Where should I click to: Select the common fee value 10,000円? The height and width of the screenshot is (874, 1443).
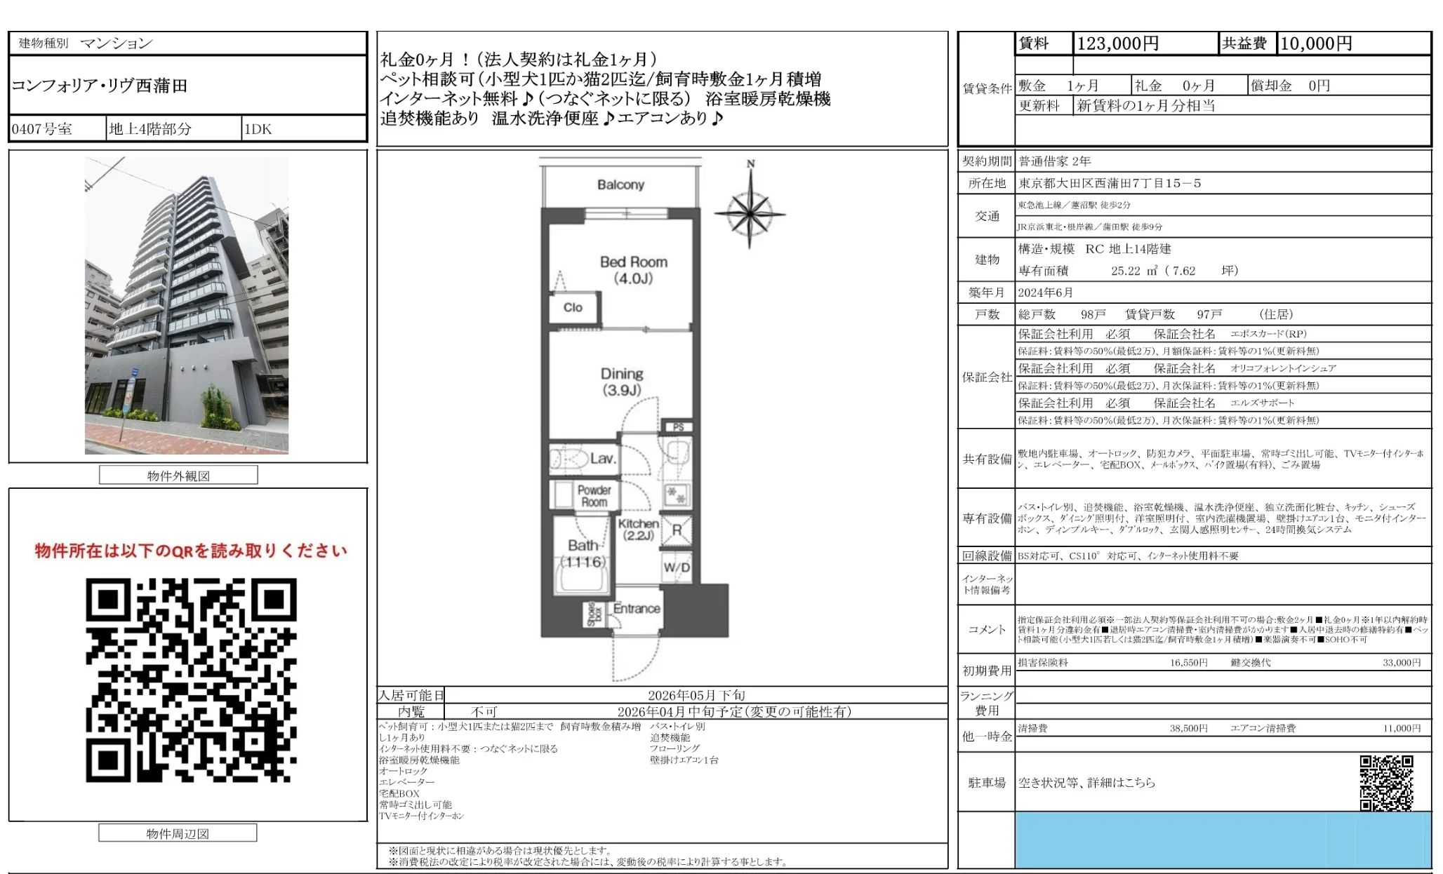point(1316,44)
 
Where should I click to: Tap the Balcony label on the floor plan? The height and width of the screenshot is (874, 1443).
point(620,184)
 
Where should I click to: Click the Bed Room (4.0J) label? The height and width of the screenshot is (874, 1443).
point(633,270)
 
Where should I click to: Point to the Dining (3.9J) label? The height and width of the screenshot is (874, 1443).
point(622,382)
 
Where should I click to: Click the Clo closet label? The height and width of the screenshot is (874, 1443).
point(573,307)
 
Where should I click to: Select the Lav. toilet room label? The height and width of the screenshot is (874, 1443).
point(602,459)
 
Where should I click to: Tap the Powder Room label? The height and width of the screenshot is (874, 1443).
point(594,496)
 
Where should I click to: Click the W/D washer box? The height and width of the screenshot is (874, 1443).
point(677,567)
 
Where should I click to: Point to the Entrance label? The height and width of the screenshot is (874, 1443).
point(637,609)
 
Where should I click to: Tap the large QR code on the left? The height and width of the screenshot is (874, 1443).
point(191,680)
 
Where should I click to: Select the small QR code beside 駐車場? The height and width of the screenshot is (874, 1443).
point(1386,782)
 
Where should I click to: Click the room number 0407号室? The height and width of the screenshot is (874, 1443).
point(42,129)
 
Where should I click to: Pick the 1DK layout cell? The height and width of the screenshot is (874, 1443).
point(258,129)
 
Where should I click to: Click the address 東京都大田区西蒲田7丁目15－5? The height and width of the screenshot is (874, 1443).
point(1110,183)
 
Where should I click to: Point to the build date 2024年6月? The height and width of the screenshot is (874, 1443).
point(1046,293)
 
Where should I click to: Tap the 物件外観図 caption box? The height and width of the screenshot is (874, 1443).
point(178,476)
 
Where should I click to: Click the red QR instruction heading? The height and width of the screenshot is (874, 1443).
point(191,551)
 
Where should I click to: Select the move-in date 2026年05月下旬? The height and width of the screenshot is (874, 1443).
point(696,695)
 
